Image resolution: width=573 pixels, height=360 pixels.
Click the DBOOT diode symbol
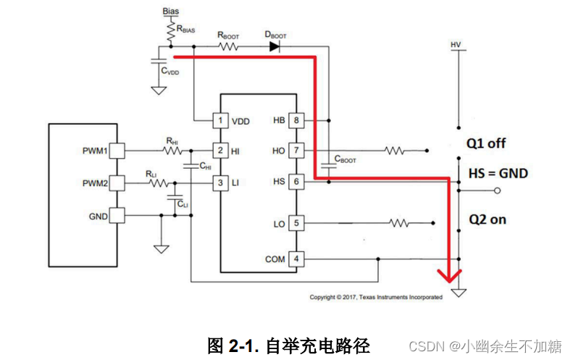275,46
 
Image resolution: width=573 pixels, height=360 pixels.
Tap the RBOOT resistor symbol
229,46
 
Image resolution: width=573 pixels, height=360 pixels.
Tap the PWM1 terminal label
94,151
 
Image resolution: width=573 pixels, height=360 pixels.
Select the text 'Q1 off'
485,143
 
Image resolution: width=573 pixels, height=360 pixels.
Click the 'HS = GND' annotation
498,173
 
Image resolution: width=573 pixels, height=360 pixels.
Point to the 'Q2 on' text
486,219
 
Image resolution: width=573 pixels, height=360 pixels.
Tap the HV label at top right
456,45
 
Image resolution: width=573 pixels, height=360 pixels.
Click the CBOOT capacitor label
345,159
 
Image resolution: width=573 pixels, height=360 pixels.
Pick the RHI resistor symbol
172,151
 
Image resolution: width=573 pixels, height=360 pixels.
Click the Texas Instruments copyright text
376,297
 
